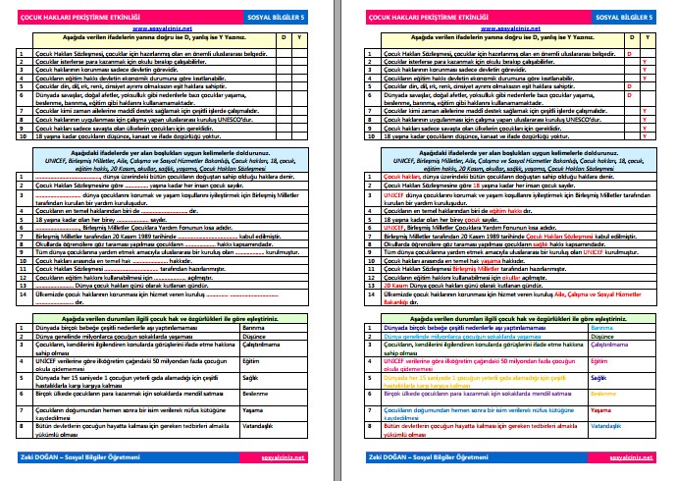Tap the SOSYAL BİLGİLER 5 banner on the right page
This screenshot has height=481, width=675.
click(618, 16)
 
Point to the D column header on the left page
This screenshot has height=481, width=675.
click(286, 37)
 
